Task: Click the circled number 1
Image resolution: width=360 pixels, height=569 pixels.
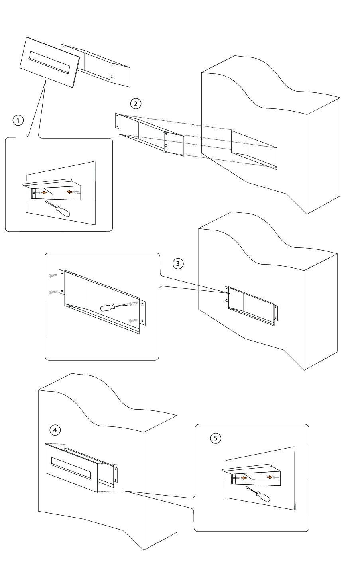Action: [18, 120]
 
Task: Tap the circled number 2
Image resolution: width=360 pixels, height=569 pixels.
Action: [136, 104]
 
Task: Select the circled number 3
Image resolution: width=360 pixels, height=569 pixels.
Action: [178, 263]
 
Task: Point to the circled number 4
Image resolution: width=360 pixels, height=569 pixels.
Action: [55, 430]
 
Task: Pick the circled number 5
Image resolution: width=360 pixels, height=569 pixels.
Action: [216, 438]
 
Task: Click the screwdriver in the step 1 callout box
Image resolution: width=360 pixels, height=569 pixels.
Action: [58, 209]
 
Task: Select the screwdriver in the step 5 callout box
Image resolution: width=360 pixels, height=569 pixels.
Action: [258, 494]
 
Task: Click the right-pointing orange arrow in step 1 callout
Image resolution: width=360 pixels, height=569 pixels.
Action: [44, 192]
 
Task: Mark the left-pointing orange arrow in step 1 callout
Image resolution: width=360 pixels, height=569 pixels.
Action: [69, 192]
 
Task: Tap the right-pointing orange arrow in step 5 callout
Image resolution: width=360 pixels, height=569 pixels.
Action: [270, 477]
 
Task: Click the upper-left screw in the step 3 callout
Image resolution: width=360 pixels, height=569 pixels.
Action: [53, 275]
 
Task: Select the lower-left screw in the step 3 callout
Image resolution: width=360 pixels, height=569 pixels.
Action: [53, 292]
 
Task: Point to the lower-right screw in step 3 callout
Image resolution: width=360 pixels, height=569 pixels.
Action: [134, 320]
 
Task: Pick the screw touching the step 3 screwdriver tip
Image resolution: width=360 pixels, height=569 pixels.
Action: [134, 303]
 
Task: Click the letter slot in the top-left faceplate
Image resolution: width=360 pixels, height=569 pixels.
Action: [49, 63]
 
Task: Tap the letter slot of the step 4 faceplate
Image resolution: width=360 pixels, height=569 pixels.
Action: [71, 469]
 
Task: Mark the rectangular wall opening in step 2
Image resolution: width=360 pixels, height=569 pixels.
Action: [254, 150]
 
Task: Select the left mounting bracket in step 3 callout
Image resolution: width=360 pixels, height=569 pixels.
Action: [61, 282]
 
